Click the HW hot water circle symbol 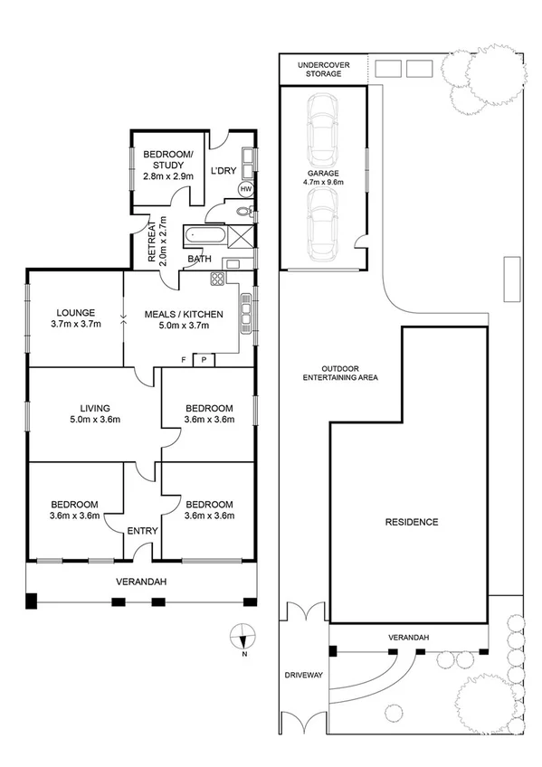click(245, 189)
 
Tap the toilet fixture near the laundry click(242, 212)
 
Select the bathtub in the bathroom click(204, 237)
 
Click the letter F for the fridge click(184, 359)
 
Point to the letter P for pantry click(204, 359)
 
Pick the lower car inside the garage click(323, 225)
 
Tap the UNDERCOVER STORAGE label click(322, 69)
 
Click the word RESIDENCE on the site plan click(412, 522)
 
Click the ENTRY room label click(142, 531)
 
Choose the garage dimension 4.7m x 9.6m click(323, 182)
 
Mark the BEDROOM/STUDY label click(168, 160)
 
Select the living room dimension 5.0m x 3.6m click(96, 419)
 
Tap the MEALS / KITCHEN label click(184, 315)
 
